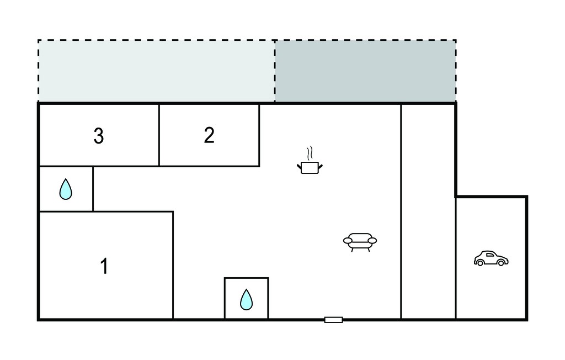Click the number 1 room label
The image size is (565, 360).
[x=104, y=266]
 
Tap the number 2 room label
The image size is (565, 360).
[x=209, y=135]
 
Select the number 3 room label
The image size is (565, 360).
[x=99, y=136]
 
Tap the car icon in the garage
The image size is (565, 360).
[x=491, y=258]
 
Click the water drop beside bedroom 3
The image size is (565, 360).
[x=66, y=189]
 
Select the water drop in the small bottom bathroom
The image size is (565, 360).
[x=247, y=299]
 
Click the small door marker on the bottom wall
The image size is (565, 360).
[x=333, y=320]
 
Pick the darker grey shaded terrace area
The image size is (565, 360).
[x=365, y=71]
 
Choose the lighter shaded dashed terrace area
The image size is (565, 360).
[x=156, y=71]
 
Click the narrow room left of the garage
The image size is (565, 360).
[x=428, y=211]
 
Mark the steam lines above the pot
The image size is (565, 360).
[x=310, y=153]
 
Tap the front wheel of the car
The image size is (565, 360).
[x=501, y=263]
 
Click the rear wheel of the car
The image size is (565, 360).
[x=481, y=263]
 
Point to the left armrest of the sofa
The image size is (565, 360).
[x=348, y=240]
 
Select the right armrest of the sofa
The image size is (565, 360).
[x=372, y=240]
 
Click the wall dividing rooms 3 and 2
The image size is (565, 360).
[x=159, y=135]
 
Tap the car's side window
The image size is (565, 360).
[x=490, y=255]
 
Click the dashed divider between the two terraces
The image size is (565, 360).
[x=275, y=71]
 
